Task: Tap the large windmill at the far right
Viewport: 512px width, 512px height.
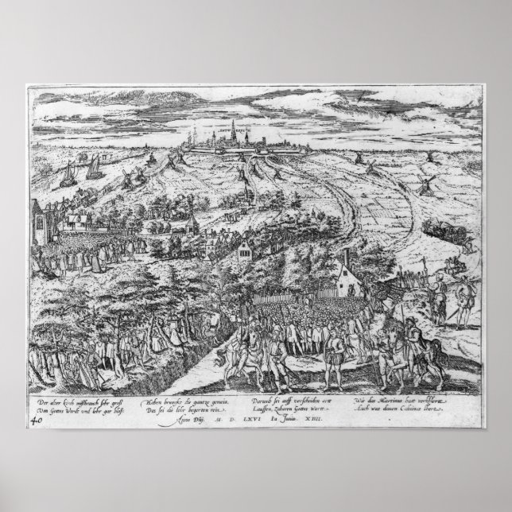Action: [427, 184]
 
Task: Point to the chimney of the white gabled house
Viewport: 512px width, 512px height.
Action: [348, 261]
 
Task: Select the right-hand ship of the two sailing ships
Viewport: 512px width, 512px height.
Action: [94, 168]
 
